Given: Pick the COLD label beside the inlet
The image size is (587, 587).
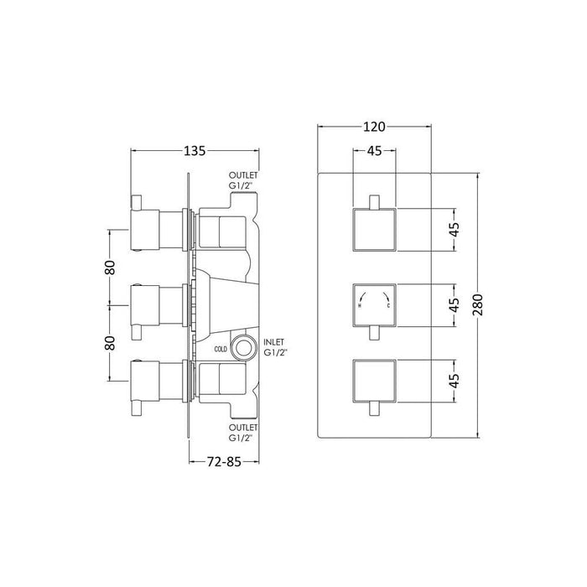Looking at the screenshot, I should pyautogui.click(x=221, y=348).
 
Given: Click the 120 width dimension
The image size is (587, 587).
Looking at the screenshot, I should pyautogui.click(x=374, y=127).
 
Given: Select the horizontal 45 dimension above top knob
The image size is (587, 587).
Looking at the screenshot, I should pyautogui.click(x=374, y=152).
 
